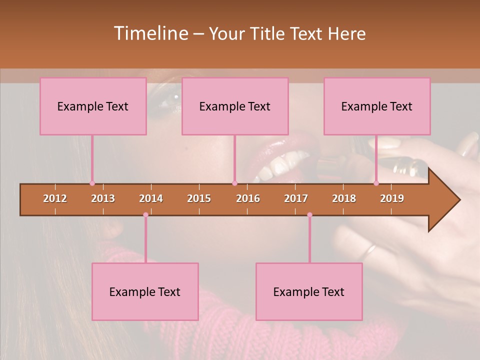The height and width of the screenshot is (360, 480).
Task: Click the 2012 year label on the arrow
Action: tap(55, 198)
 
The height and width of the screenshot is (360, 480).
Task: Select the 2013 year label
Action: tap(103, 198)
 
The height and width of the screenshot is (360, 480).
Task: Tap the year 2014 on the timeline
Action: tap(151, 198)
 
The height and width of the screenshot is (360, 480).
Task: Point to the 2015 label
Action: tap(199, 198)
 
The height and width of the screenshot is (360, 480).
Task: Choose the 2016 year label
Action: tap(248, 198)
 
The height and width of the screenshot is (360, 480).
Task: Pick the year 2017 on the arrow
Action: tap(296, 198)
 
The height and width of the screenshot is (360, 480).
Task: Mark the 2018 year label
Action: tap(344, 198)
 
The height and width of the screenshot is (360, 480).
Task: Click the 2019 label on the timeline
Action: tap(392, 198)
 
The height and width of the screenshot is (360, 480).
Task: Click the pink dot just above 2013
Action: tap(92, 183)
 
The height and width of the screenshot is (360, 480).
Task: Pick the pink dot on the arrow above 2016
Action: tap(234, 183)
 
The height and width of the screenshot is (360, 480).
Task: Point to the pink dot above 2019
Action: tap(376, 183)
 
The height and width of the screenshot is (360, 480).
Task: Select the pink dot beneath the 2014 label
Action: tap(145, 215)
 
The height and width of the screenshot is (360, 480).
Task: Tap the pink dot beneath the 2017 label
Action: tap(309, 215)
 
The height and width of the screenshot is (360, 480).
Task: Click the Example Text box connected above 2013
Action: tap(93, 106)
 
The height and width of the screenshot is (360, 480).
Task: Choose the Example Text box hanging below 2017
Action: tap(309, 291)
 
